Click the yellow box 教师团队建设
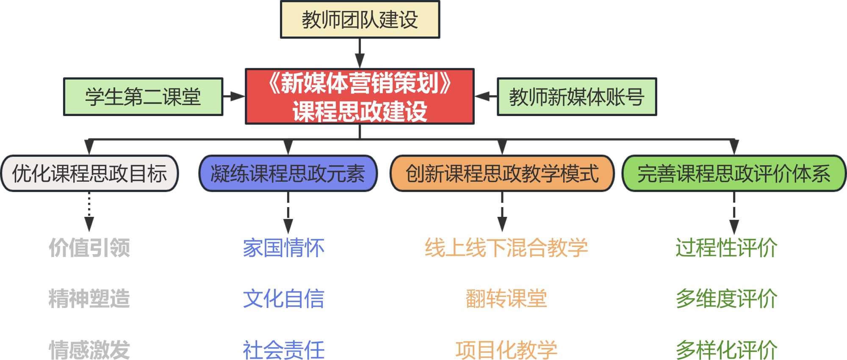(360, 20)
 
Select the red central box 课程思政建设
(360, 97)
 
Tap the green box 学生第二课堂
(143, 97)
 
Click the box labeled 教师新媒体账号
(577, 97)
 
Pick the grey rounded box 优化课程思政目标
(89, 174)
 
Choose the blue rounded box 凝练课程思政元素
(288, 174)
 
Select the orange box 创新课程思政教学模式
(502, 174)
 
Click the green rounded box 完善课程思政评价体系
(734, 174)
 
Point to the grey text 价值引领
(89, 248)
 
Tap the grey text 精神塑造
(89, 299)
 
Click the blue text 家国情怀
(284, 248)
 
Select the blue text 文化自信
(284, 299)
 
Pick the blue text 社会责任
(284, 350)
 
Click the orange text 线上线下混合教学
(506, 248)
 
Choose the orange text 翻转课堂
(506, 299)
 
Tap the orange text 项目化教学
(506, 350)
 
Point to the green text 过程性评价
(726, 248)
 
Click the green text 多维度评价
(726, 299)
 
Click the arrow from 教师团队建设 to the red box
(360, 53)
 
